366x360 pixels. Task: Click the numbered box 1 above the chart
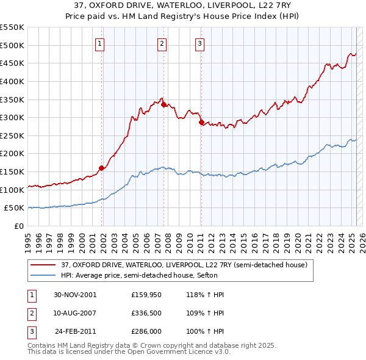[99, 43]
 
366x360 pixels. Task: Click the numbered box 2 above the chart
[162, 43]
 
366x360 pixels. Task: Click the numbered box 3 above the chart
[199, 43]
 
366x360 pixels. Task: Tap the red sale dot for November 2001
[101, 168]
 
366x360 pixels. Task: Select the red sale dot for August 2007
[163, 104]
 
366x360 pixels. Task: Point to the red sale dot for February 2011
[201, 123]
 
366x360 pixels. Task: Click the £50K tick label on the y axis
[14, 208]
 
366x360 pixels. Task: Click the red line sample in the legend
[44, 265]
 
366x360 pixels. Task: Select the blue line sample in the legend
[44, 275]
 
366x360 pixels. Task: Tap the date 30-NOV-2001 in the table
[75, 295]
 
